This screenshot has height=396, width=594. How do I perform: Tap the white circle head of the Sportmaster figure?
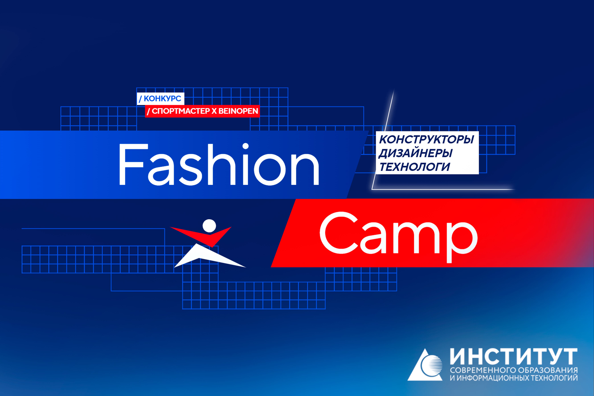(x=209, y=226)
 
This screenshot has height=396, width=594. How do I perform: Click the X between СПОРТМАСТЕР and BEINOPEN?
(x=214, y=111)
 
